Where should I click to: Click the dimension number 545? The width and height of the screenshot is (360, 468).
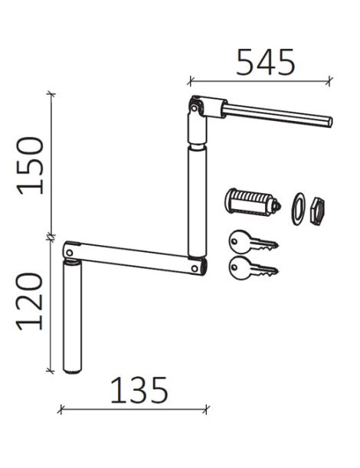[265, 62]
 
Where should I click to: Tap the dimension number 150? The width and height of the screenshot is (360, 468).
[30, 165]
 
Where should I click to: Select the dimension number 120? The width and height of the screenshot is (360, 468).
[29, 302]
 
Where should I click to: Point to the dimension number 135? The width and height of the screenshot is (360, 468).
[139, 390]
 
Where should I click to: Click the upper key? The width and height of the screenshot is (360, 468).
[253, 242]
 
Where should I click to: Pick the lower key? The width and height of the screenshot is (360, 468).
[253, 268]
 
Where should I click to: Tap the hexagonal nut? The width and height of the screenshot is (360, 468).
[317, 210]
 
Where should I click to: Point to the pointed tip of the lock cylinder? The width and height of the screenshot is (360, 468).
[280, 205]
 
